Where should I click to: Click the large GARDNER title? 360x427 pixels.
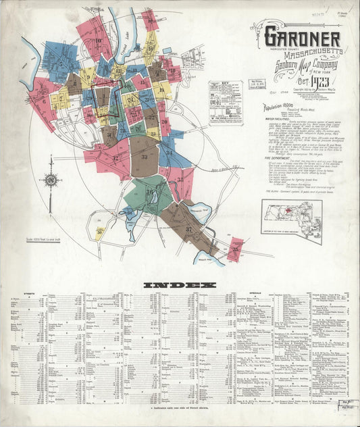301,39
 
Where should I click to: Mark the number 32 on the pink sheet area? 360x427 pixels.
115,159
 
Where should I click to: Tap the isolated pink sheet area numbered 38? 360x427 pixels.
235,249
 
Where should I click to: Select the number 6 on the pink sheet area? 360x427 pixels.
44,101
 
